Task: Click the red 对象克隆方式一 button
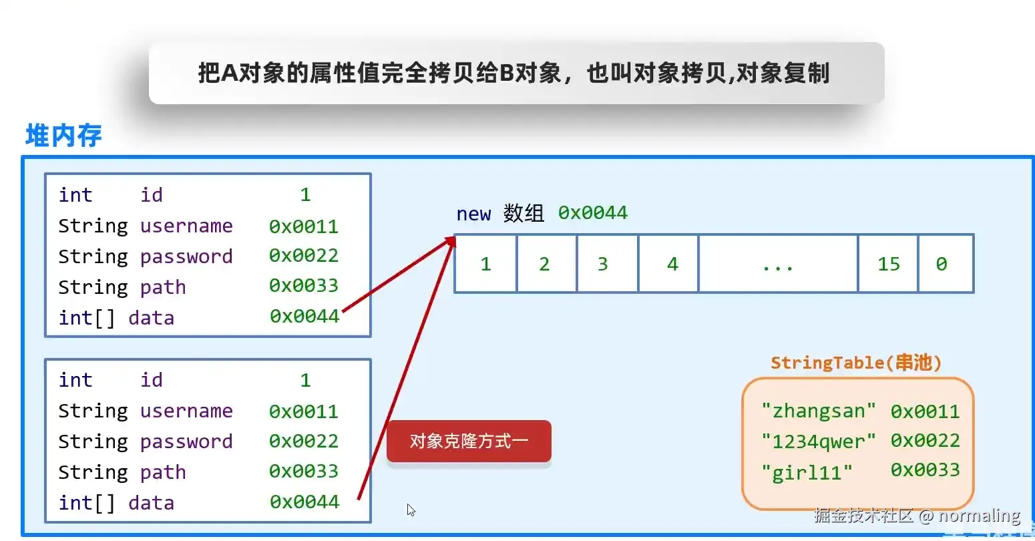point(469,441)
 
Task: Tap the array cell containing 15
point(888,264)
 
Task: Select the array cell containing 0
point(945,264)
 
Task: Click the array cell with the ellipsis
point(778,264)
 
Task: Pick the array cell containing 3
point(607,264)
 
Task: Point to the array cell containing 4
point(668,264)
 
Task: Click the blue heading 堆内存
point(63,136)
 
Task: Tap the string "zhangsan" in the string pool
point(818,411)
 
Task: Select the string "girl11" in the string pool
point(807,473)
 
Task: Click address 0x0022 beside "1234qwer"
point(925,441)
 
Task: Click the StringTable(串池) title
point(855,363)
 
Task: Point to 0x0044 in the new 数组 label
point(593,213)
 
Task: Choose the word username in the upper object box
point(186,226)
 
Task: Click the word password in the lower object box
point(186,441)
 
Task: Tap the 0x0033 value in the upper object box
point(304,286)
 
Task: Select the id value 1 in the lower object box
point(305,380)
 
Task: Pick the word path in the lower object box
point(163,472)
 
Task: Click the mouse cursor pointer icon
point(411,510)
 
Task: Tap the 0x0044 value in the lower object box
point(304,502)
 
